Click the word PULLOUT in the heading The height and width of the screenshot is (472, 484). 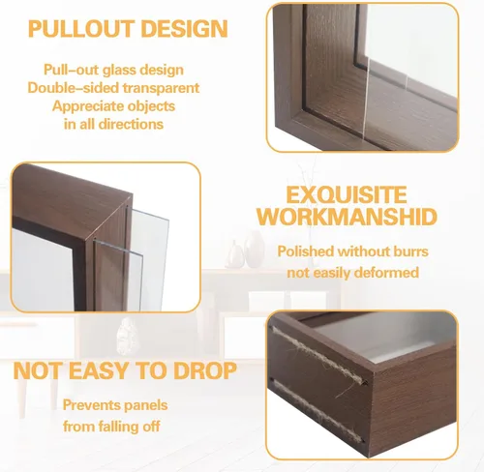[x=81, y=29]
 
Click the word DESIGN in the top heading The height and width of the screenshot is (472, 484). [x=184, y=29]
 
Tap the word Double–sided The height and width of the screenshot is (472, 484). [x=73, y=88]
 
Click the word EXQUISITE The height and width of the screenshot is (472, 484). [x=347, y=194]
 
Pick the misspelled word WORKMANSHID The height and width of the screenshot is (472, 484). [x=347, y=217]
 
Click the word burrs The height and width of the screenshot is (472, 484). [x=410, y=251]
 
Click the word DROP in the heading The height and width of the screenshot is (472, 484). [x=205, y=370]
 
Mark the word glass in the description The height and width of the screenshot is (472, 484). [x=120, y=70]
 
